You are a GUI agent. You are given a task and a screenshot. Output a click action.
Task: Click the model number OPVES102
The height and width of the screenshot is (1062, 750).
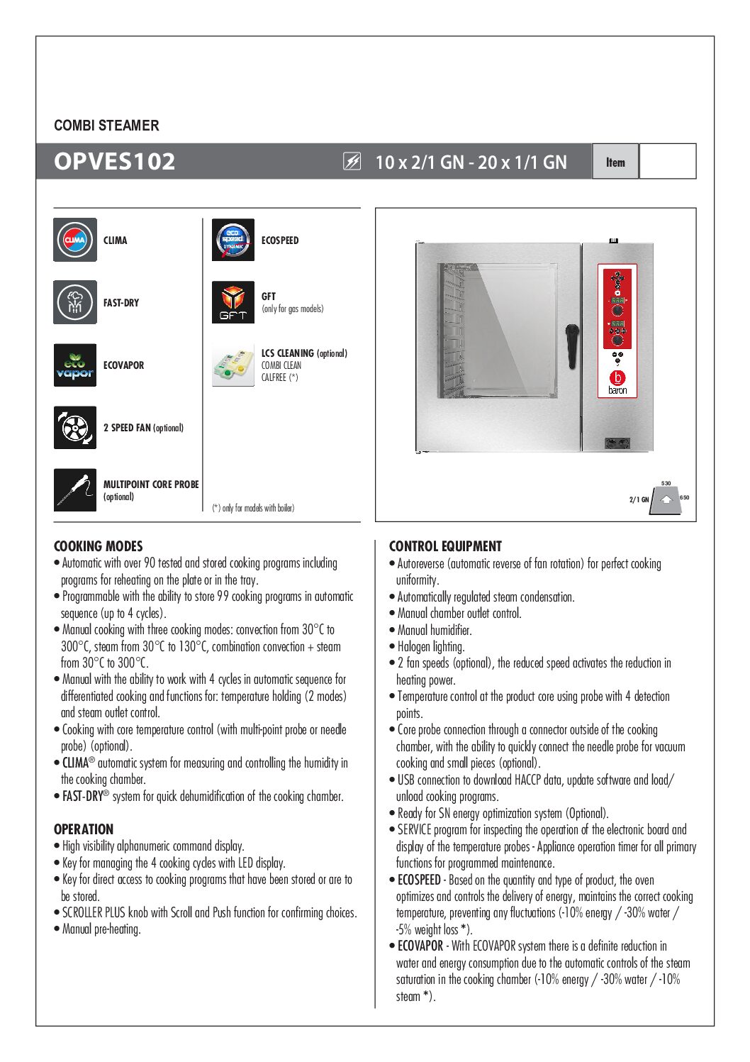[x=115, y=162]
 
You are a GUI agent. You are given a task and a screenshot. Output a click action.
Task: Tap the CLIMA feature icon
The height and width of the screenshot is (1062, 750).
[x=75, y=240]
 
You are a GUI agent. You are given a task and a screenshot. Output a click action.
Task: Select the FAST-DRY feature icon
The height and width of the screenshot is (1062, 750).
[x=75, y=302]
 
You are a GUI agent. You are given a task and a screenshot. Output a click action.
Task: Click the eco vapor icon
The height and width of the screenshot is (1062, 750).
[x=75, y=365]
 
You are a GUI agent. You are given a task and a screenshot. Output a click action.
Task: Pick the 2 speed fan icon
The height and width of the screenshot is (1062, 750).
[x=75, y=428]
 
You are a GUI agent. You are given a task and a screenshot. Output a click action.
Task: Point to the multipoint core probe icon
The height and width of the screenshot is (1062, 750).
[x=75, y=489]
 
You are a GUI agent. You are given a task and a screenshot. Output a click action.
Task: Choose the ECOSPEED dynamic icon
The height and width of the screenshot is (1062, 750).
[x=233, y=240]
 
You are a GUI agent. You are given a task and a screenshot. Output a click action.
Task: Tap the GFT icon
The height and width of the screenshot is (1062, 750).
[x=233, y=302]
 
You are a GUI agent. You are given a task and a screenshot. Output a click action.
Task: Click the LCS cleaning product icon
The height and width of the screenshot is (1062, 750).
[x=233, y=365]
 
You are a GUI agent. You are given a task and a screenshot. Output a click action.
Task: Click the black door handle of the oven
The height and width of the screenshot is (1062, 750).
[x=571, y=346]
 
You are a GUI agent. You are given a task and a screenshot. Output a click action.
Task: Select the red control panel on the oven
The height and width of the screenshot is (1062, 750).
[x=617, y=331]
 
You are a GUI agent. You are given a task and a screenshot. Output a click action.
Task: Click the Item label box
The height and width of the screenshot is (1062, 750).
[x=615, y=162]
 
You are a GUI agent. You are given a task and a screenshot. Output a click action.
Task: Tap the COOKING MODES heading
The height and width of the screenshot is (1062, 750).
[x=99, y=546]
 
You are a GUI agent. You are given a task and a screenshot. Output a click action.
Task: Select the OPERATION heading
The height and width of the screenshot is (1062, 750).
[x=84, y=829]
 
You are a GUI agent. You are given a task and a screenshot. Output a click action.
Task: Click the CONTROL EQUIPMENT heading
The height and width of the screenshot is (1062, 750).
[x=445, y=546]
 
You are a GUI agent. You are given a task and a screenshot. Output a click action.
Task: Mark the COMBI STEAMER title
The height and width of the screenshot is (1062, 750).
[x=106, y=126]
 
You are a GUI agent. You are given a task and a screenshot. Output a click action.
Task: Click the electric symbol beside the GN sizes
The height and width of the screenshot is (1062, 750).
[x=352, y=162]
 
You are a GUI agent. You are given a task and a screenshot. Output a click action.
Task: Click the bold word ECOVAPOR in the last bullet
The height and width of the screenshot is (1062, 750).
[x=420, y=946]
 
